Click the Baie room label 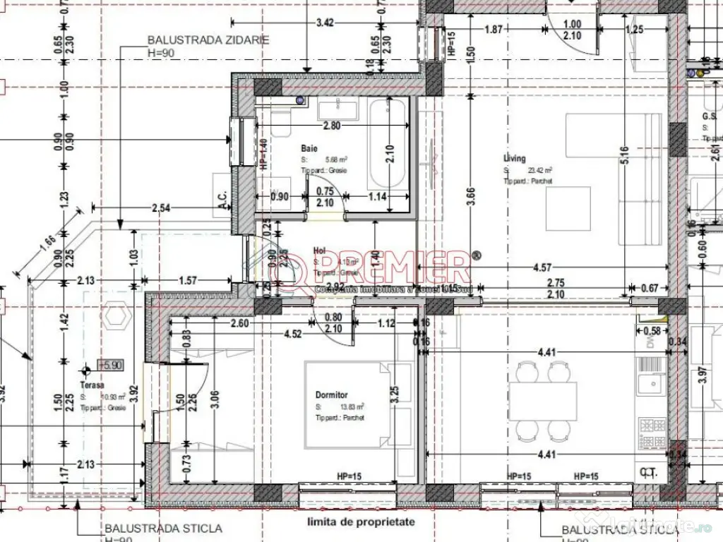(x=309, y=149)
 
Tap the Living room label (x=515, y=159)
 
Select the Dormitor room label (x=332, y=395)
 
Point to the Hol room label (x=318, y=250)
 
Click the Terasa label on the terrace (x=92, y=385)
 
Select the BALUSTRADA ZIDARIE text (x=208, y=40)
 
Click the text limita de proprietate (x=361, y=523)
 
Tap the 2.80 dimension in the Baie (x=332, y=126)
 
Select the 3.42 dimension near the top (x=325, y=23)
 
